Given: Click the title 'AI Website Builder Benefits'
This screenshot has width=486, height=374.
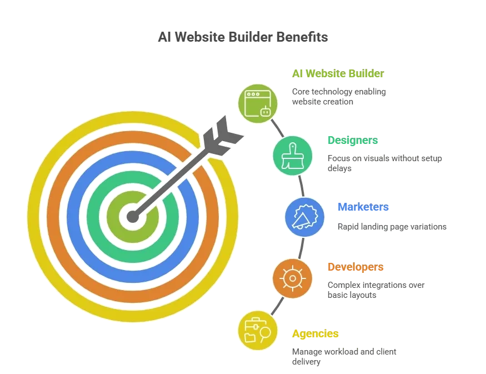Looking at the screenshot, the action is [x=243, y=37].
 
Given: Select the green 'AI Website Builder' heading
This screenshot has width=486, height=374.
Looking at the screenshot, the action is [x=338, y=73].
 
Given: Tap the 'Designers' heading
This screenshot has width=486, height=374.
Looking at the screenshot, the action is [x=353, y=140].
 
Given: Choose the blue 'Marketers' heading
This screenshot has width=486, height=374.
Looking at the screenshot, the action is [x=363, y=207].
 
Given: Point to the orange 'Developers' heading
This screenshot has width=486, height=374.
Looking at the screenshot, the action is [x=355, y=267].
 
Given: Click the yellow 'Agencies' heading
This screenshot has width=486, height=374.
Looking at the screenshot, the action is [x=315, y=333].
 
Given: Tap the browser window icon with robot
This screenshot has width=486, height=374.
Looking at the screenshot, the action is [x=258, y=103].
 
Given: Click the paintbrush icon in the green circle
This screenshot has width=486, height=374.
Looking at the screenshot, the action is [x=292, y=156].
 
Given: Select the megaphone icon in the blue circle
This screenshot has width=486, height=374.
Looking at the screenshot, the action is [x=305, y=217].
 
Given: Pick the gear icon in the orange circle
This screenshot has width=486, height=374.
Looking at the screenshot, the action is [x=292, y=278].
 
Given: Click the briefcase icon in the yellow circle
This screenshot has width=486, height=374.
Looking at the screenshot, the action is [x=258, y=330].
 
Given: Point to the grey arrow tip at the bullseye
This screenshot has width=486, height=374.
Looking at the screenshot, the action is [x=133, y=217].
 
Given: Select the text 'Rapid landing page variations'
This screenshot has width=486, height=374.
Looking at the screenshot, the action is [x=392, y=227].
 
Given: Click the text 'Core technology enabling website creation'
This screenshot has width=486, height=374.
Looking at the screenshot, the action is [x=339, y=97].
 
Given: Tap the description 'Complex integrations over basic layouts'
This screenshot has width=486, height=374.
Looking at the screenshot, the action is [x=376, y=290].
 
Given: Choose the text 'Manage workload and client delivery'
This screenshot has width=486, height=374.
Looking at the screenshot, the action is [x=344, y=356].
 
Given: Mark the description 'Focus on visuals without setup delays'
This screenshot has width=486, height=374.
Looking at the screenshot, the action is [x=385, y=163].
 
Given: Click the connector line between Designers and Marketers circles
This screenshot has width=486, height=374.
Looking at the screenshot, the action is [x=301, y=186].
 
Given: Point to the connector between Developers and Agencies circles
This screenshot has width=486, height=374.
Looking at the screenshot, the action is [x=277, y=306].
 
